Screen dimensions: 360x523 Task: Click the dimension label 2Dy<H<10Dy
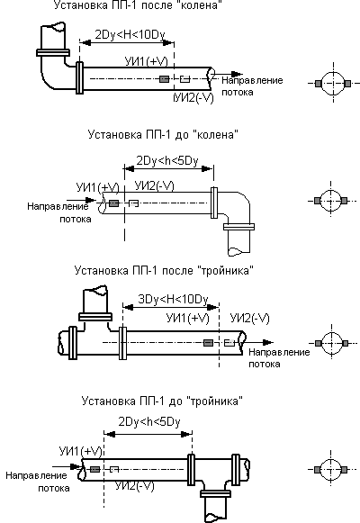[x=130, y=35]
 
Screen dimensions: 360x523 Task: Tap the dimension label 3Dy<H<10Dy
[x=173, y=299]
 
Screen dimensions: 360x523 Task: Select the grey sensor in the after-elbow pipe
[x=164, y=79]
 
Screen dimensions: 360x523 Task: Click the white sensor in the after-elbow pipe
[x=185, y=79]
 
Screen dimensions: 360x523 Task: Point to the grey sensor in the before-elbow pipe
[x=113, y=203]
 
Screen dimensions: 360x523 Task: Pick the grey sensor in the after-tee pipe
[x=208, y=343]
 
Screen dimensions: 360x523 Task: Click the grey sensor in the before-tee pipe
[x=95, y=469]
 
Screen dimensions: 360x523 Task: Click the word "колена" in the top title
[x=200, y=5]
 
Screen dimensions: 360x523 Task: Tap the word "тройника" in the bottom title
[x=215, y=401]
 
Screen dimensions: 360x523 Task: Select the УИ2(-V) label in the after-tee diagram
[x=249, y=318]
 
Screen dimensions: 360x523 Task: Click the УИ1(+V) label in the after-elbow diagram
[x=147, y=61]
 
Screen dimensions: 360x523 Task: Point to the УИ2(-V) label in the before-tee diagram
[x=135, y=486]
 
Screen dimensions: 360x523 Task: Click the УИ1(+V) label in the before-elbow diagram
[x=98, y=188]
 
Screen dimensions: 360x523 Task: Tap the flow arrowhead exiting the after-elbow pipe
[x=237, y=74]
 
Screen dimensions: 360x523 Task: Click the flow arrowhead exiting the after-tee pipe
[x=267, y=342]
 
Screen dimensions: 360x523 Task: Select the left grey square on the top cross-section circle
[x=319, y=84]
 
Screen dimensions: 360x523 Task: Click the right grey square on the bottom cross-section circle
[x=345, y=470]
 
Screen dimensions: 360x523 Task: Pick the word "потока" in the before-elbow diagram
[x=76, y=219]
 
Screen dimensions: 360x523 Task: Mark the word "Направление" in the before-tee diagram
[x=36, y=475]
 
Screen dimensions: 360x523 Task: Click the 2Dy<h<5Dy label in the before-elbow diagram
[x=167, y=161]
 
